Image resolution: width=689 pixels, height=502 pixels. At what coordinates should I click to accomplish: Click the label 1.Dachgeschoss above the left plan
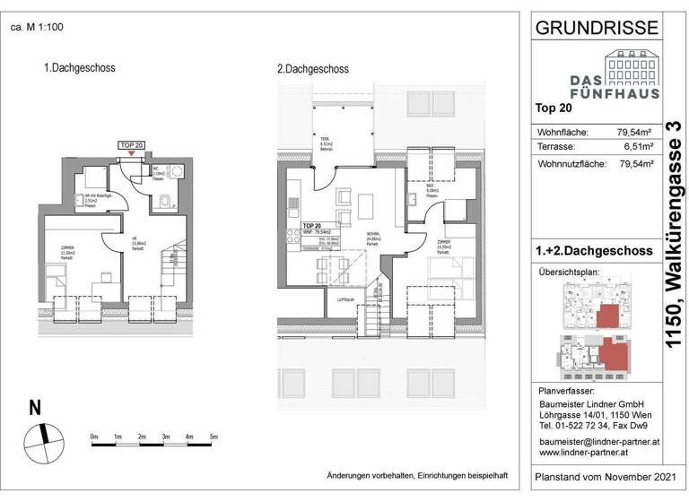click(80, 67)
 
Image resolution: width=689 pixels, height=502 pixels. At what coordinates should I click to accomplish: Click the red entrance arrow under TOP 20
click(133, 153)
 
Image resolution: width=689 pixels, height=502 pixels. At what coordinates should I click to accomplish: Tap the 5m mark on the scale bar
click(214, 437)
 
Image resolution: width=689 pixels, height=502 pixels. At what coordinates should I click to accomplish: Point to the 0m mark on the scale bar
click(94, 437)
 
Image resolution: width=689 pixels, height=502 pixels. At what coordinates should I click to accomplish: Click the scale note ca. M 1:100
click(36, 27)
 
